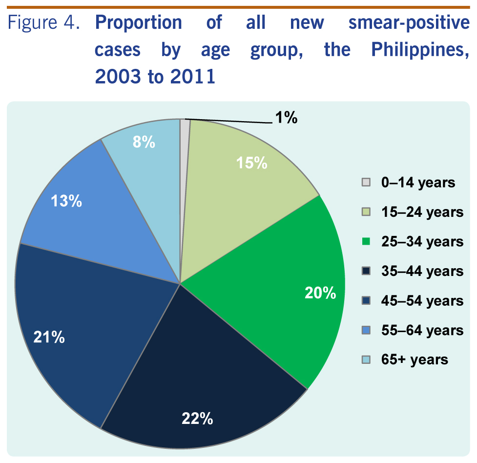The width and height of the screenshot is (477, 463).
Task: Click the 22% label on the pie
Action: (x=197, y=419)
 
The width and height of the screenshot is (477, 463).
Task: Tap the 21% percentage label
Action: (x=49, y=337)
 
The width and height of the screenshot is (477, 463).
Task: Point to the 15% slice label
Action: (x=252, y=163)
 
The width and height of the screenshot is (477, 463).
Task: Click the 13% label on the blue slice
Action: (x=66, y=201)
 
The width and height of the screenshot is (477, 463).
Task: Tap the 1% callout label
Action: (x=286, y=118)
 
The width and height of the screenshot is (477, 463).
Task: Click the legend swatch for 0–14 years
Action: (x=366, y=183)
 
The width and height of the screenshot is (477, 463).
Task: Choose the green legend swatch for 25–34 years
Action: (x=366, y=242)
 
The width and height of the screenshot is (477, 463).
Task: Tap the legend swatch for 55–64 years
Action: (x=366, y=330)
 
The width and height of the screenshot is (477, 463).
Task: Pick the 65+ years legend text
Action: (x=415, y=359)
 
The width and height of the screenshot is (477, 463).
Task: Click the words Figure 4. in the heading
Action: (x=44, y=23)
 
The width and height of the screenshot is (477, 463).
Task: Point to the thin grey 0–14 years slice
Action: (x=185, y=147)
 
